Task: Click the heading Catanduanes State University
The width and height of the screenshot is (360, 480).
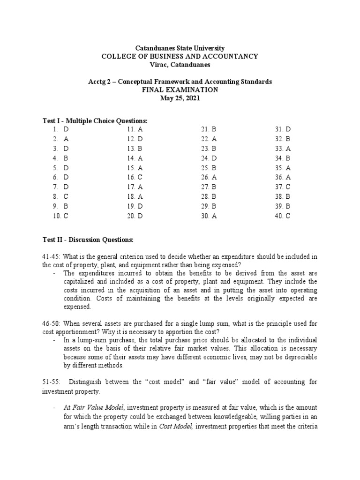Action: tap(180, 48)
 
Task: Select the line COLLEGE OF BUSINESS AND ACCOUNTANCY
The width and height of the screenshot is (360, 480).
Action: tap(180, 56)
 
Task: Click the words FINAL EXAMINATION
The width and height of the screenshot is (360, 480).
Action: tap(180, 90)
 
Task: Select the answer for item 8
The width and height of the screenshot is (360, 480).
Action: tap(66, 197)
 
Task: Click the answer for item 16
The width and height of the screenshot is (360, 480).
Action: tap(140, 177)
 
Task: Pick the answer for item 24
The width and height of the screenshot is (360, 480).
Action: tap(214, 158)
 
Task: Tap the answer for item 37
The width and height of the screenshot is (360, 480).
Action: tap(288, 187)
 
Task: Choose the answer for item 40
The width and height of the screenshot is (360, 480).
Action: tap(288, 216)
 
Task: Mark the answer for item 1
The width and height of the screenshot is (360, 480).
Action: tap(66, 129)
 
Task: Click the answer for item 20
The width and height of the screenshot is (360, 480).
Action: tap(140, 216)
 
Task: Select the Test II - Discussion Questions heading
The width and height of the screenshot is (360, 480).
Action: tap(88, 240)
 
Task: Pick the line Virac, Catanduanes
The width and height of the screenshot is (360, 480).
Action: tap(180, 64)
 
